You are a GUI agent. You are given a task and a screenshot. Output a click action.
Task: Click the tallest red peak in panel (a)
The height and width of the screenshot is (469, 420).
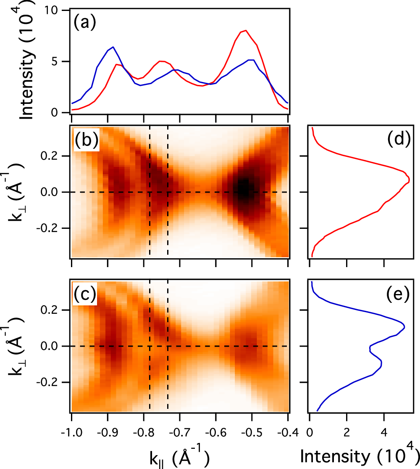[x=245, y=30]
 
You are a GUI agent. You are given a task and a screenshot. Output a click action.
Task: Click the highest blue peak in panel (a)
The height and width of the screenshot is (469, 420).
[x=113, y=47]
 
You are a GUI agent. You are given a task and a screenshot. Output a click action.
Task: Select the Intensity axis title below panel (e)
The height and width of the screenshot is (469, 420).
[x=360, y=455]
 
